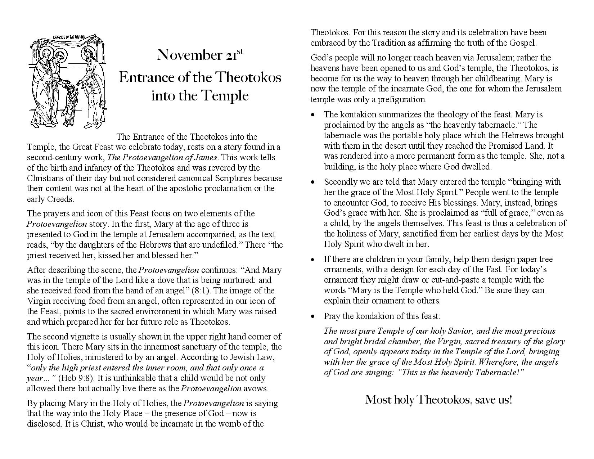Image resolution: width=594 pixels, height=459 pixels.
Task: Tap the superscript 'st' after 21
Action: tap(240, 51)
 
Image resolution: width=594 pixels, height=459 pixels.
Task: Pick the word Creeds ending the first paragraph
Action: tap(60, 199)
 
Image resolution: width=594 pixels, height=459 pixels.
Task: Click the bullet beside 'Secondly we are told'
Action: tap(313, 182)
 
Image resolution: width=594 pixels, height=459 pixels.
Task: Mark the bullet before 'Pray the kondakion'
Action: tap(313, 316)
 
